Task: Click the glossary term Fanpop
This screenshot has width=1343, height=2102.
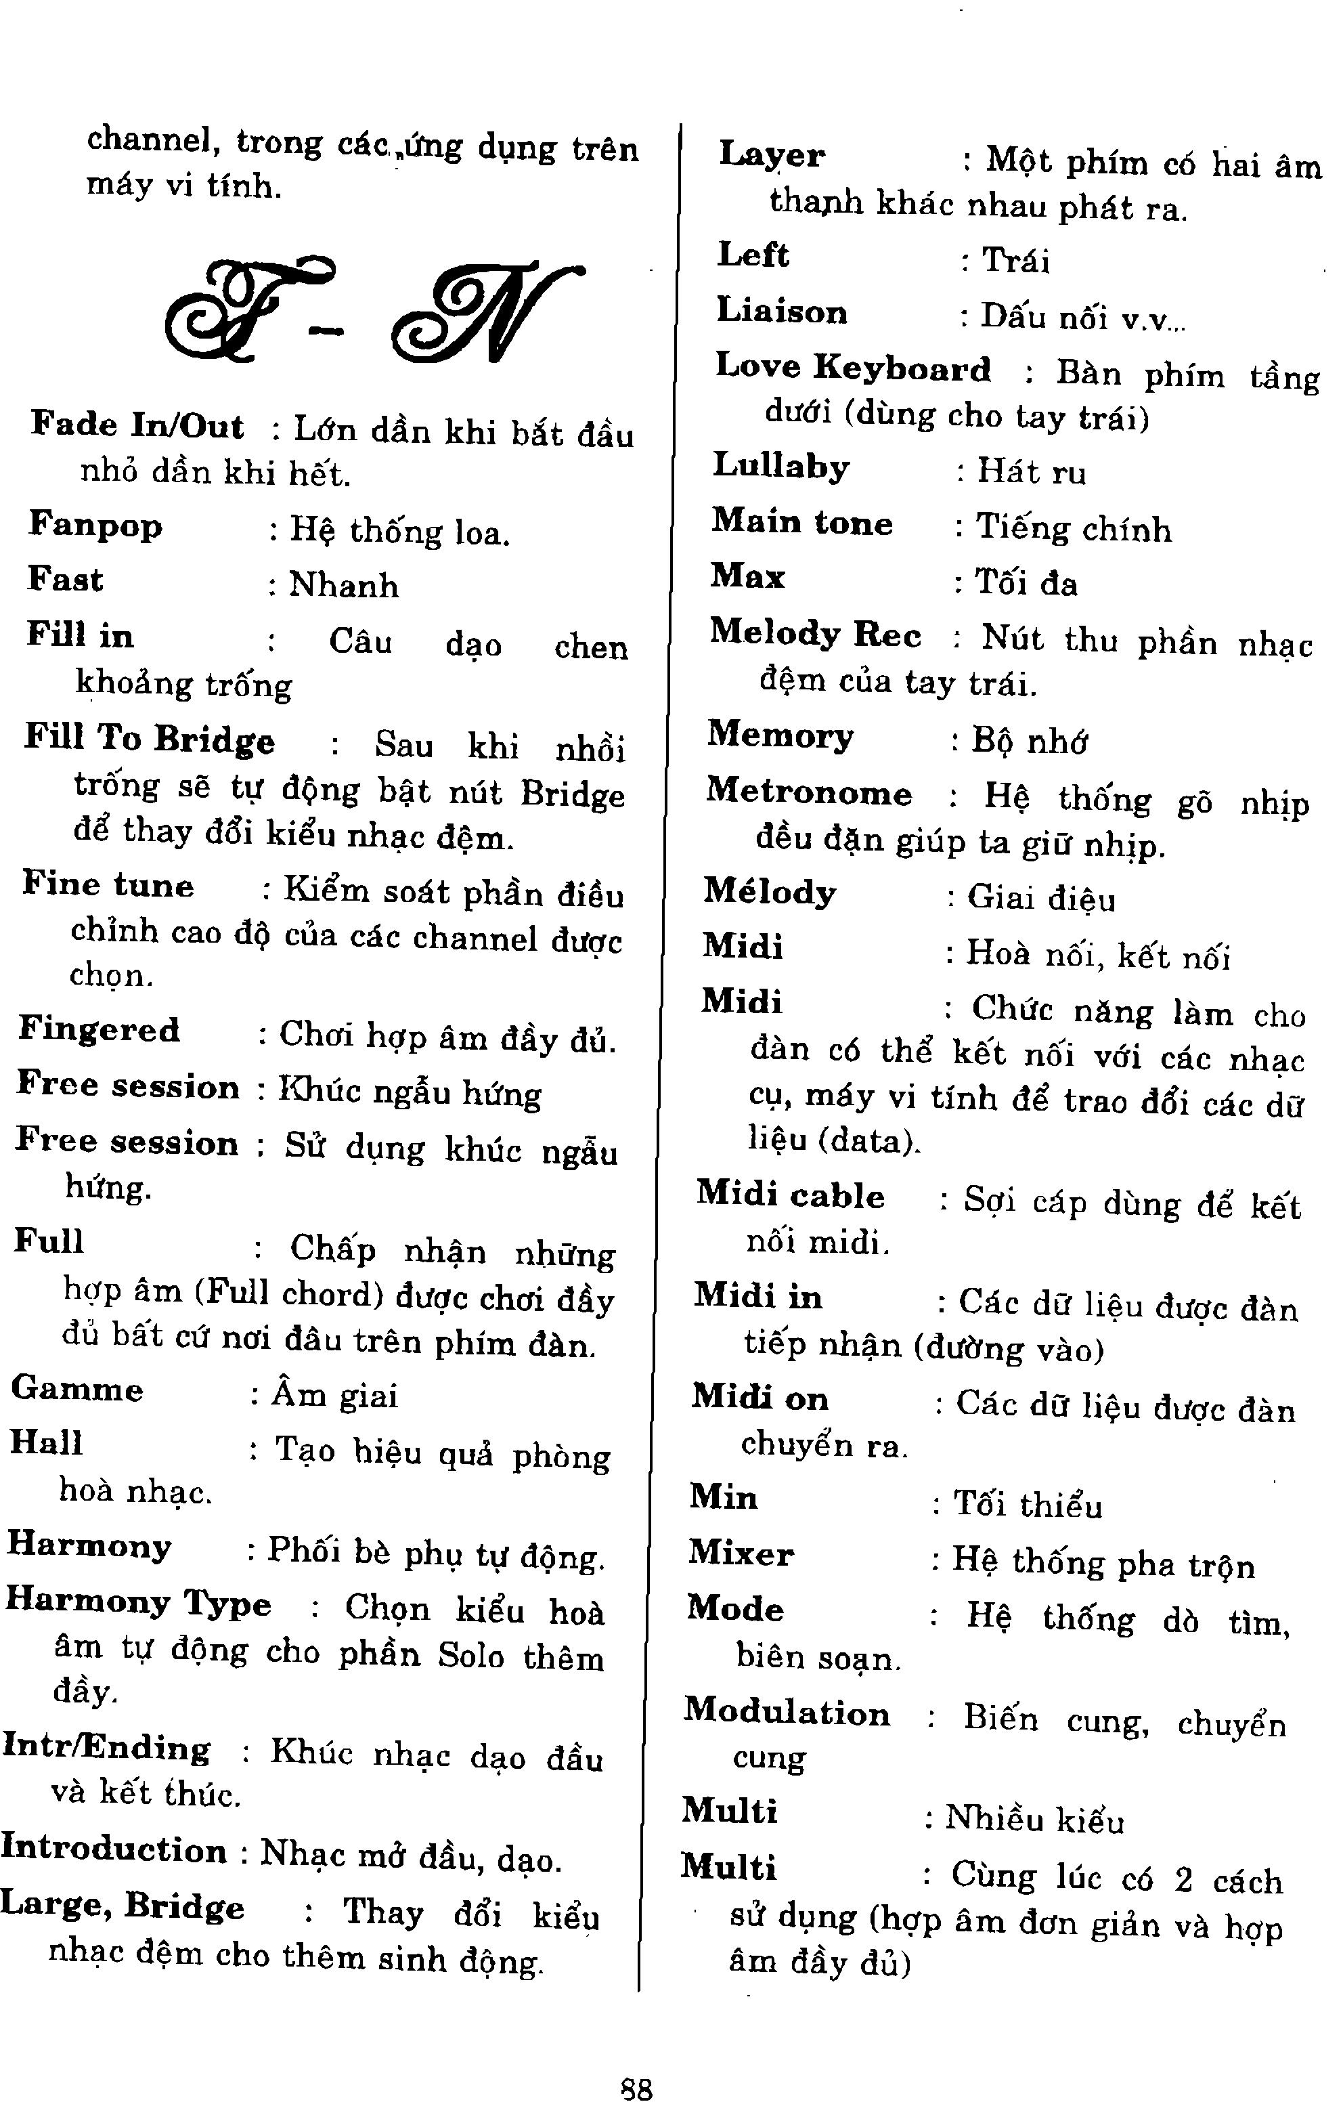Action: [95, 525]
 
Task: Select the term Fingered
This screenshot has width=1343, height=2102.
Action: [99, 1030]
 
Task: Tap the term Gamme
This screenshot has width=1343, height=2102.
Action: [76, 1389]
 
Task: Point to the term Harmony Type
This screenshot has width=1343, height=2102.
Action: [138, 1602]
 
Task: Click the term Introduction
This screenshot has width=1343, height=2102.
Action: [114, 1848]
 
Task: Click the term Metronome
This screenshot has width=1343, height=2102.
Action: [808, 792]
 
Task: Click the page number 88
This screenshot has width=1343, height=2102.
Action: [636, 2082]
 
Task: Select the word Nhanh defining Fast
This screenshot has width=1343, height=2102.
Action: [343, 585]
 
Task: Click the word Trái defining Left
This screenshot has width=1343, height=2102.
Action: [1015, 260]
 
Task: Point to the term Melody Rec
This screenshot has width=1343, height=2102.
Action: [814, 634]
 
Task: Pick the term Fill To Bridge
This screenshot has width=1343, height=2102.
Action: [148, 739]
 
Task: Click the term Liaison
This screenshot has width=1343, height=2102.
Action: [781, 311]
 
